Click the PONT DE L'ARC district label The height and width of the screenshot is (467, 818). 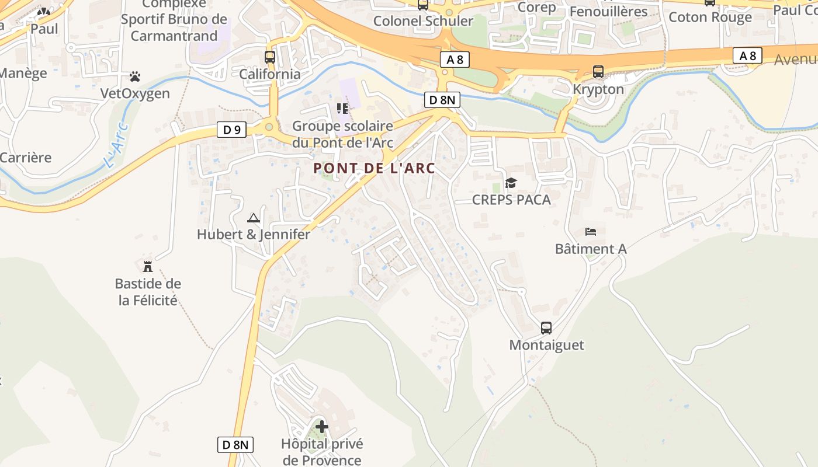click(374, 168)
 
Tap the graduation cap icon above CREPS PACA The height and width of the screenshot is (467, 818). click(511, 183)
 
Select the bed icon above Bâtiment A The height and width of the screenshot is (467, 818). click(591, 232)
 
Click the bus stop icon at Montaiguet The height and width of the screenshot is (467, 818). click(546, 328)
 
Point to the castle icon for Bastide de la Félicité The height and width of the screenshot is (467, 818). click(148, 266)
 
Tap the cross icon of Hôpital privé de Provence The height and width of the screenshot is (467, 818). click(321, 427)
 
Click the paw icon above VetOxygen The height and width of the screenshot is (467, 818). click(135, 76)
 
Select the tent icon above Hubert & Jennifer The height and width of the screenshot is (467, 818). click(253, 218)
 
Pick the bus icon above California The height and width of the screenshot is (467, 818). click(269, 57)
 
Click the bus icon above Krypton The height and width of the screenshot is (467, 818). click(598, 72)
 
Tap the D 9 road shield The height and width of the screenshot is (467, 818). click(231, 130)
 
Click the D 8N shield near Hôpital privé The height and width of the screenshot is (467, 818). click(236, 444)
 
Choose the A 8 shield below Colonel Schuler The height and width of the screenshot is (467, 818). click(455, 59)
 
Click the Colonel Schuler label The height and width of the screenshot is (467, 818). click(423, 21)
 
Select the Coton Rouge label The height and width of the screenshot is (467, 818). click(710, 17)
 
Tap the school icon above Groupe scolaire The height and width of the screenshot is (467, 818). click(342, 109)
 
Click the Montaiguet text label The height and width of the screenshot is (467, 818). click(546, 345)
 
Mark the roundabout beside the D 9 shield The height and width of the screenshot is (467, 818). click(269, 127)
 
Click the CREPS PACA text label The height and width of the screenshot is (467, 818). click(511, 200)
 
